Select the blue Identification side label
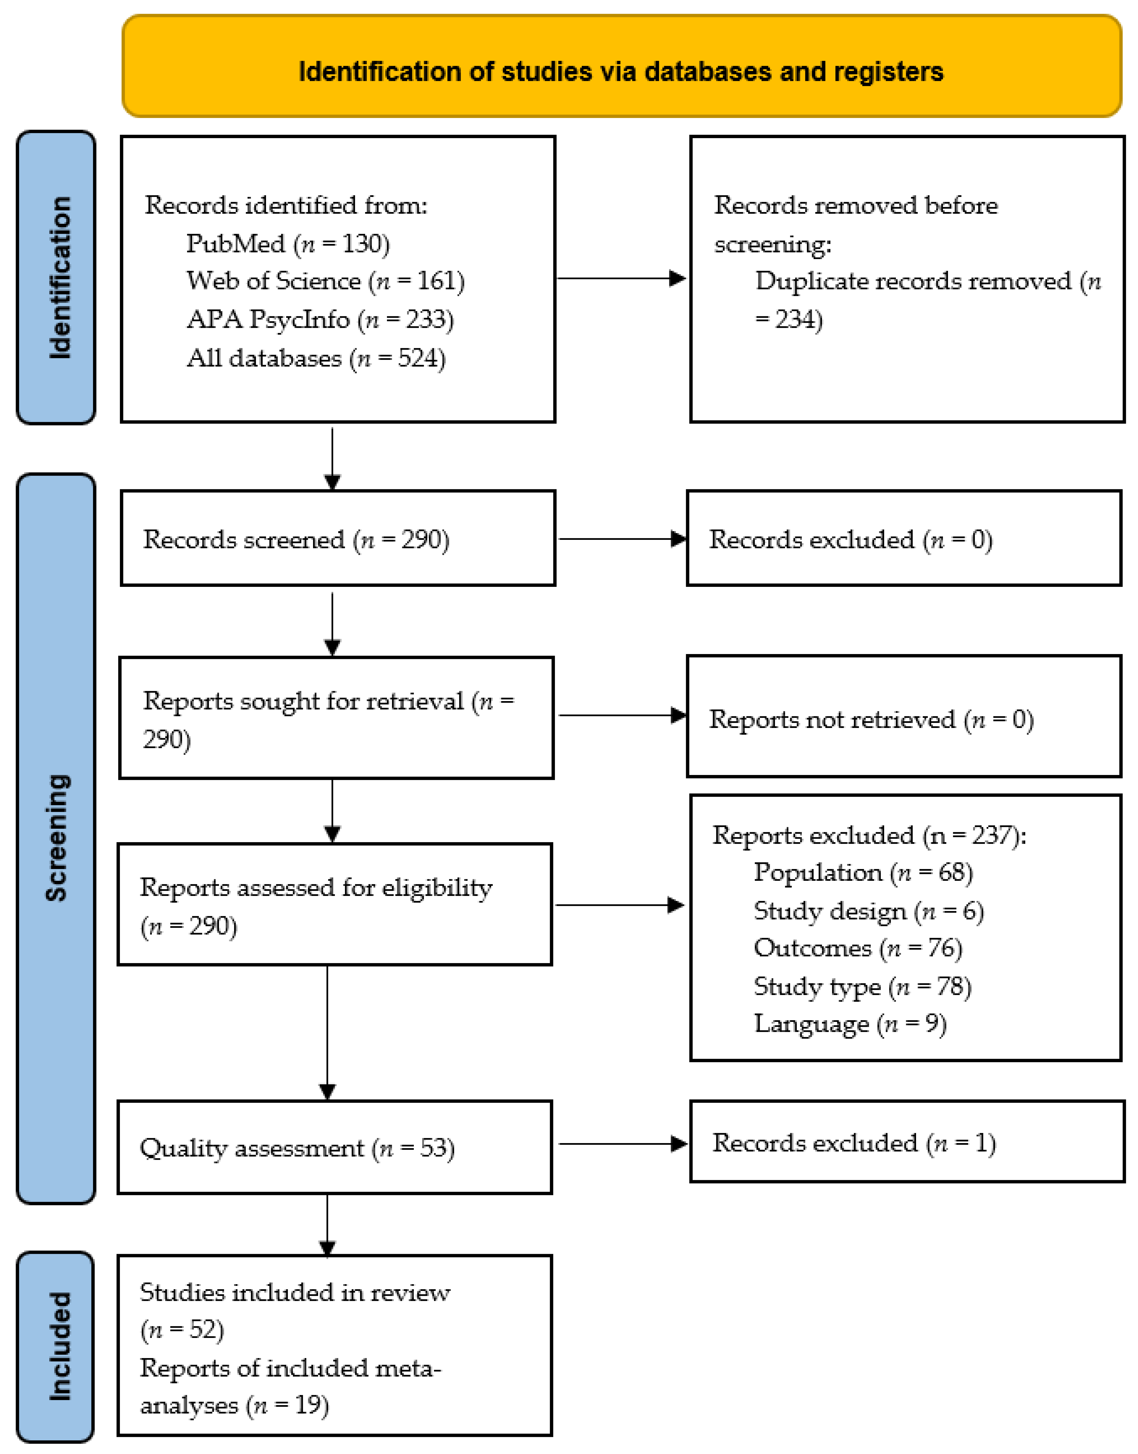[57, 277]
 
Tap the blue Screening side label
[57, 838]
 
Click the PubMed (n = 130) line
[288, 244]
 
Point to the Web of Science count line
[325, 281]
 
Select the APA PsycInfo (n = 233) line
[320, 320]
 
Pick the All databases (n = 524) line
[316, 358]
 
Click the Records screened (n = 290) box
[338, 538]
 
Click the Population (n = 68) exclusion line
[863, 872]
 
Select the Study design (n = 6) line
[868, 911]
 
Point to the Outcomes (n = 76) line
[857, 948]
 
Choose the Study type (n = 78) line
[862, 986]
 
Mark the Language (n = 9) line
[850, 1024]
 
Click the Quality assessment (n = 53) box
[335, 1147]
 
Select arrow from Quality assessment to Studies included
[327, 1225]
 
